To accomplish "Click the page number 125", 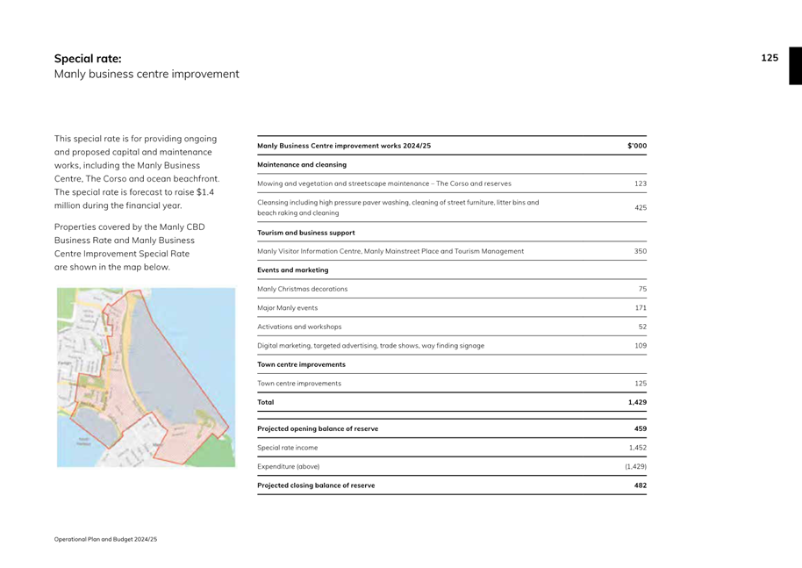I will click(770, 58).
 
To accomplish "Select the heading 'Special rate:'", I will click(88, 59).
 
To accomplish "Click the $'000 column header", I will click(637, 146).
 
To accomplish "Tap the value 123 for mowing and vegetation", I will click(640, 183).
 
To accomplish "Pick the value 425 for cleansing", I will click(640, 208).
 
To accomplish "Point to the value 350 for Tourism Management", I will click(640, 251).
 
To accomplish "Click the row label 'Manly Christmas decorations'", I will click(302, 289).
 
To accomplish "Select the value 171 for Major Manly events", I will click(640, 308).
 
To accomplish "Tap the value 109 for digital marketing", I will click(640, 346).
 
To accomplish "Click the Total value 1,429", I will click(637, 402).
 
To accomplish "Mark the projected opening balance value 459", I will click(640, 428).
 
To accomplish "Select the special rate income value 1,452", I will click(638, 448).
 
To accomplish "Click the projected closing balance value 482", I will click(640, 485).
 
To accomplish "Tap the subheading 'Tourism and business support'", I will click(306, 233).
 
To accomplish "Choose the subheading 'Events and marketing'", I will click(293, 270).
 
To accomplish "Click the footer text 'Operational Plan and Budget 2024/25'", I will click(105, 538).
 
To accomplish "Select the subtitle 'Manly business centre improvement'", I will click(147, 75).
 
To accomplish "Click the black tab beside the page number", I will click(795, 66).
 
